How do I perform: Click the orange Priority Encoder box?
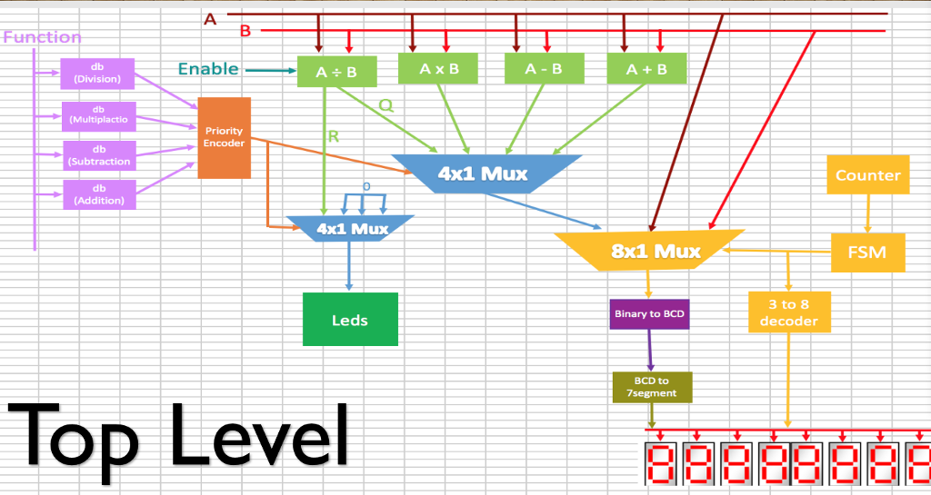click(x=224, y=137)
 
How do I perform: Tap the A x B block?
click(x=439, y=69)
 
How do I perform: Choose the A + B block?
click(x=646, y=69)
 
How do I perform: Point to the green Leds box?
click(x=350, y=320)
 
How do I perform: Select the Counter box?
click(x=867, y=175)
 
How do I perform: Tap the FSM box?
click(x=867, y=252)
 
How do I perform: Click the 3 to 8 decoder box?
click(x=788, y=312)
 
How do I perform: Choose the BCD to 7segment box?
click(x=651, y=386)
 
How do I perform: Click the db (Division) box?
click(x=98, y=74)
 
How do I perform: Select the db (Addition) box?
click(x=98, y=194)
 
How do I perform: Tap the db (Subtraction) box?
click(x=98, y=155)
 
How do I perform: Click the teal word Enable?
click(x=208, y=69)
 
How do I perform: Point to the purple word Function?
click(x=43, y=37)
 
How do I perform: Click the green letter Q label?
click(x=385, y=105)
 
